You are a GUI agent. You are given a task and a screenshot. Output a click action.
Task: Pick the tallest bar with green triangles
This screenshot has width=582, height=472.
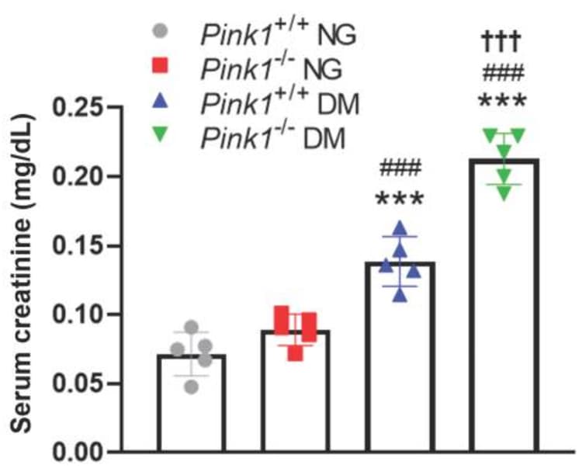click(503, 311)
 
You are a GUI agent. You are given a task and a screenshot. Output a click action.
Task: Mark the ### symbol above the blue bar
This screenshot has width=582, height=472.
click(399, 167)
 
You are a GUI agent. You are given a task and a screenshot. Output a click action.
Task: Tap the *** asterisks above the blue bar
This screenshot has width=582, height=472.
click(399, 200)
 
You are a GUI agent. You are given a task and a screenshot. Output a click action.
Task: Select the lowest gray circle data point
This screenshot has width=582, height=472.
click(190, 387)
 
